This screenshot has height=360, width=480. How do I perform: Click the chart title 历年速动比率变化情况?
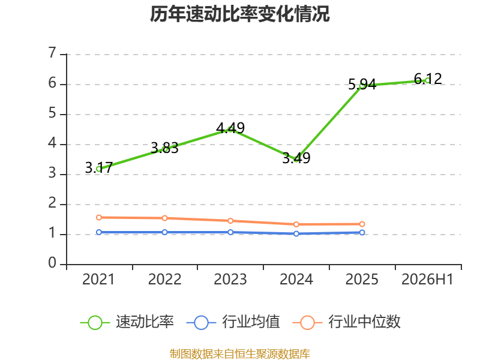239,14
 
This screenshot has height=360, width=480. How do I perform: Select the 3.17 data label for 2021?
99,168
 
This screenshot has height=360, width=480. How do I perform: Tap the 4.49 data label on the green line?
230,128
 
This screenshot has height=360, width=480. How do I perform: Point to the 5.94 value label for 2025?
362,84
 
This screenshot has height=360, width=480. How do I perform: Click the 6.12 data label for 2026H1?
428,79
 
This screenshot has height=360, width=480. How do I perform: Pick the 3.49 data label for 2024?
296,158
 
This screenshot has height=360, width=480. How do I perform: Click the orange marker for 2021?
99,218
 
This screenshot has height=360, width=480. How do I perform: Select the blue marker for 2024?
296,233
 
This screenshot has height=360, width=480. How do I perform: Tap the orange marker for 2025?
362,224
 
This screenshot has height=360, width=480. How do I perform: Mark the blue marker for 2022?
164,232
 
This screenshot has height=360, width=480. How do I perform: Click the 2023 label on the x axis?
230,279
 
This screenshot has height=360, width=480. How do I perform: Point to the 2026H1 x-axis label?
427,279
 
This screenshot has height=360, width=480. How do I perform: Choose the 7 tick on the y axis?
52,53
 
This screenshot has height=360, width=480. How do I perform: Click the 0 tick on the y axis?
52,263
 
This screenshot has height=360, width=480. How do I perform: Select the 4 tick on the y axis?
52,143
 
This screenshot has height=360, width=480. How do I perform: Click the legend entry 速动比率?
127,322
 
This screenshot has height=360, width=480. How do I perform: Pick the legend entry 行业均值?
233,322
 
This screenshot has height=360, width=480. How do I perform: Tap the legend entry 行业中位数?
347,322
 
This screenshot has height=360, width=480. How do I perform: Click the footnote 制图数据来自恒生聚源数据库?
239,354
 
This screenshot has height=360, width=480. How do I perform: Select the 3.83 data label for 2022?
164,148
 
